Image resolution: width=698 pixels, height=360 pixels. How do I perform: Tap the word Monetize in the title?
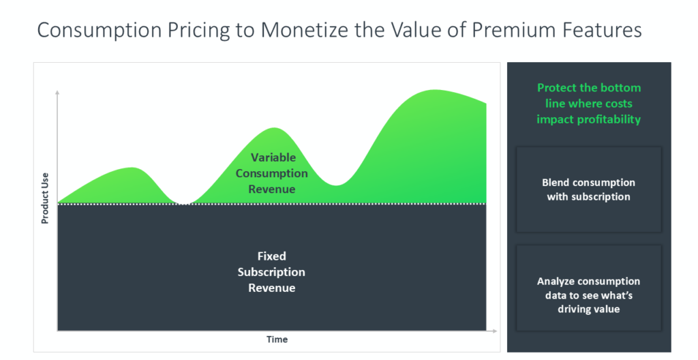(307, 30)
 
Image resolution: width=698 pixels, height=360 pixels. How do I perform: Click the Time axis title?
(277, 339)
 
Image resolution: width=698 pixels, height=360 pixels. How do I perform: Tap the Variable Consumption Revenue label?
(272, 173)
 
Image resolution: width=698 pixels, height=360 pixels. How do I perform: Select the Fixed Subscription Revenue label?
(271, 272)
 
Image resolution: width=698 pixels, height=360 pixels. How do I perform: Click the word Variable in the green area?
(273, 157)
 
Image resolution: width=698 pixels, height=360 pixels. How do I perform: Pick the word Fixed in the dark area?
(271, 256)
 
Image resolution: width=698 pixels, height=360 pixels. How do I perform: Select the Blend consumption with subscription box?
(589, 190)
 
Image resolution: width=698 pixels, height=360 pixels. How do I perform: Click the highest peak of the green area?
(433, 91)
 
